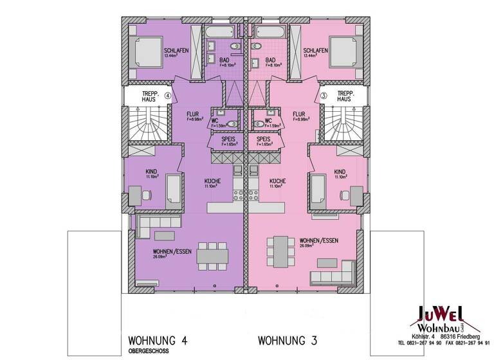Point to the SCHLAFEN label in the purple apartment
176,51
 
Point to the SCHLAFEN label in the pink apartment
316,51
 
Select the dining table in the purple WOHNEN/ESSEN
212,254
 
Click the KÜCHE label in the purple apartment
213,181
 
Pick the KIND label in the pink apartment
340,172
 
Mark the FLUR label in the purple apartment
193,114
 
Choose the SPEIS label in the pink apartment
263,139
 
